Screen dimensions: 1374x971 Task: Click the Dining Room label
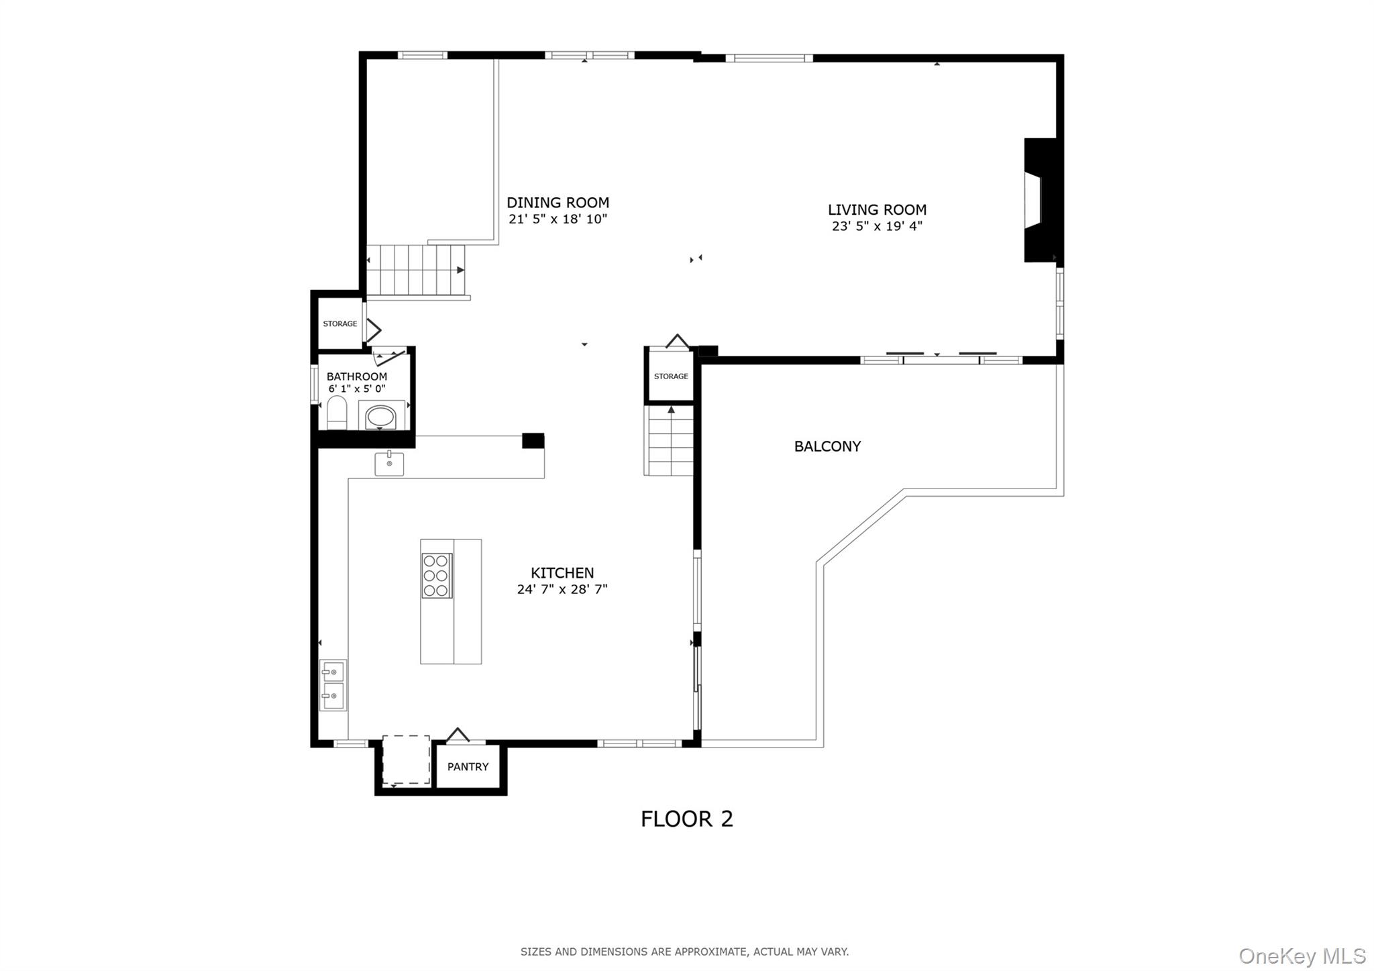point(558,203)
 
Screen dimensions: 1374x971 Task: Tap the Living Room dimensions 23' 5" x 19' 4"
point(877,226)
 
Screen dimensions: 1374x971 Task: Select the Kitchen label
point(562,573)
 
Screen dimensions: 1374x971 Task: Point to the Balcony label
point(827,446)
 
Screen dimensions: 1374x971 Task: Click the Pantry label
point(468,766)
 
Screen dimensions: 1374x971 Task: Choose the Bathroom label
point(357,376)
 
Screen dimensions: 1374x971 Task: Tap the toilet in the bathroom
point(337,413)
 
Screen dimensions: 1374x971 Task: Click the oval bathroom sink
point(380,417)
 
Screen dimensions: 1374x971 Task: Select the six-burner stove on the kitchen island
point(437,575)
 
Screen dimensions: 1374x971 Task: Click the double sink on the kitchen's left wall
point(333,684)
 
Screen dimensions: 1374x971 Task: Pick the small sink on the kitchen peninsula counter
point(389,464)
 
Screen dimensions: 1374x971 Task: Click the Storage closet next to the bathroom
point(340,324)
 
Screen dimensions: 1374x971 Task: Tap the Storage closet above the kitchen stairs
point(671,376)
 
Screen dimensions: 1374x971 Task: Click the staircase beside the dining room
point(416,270)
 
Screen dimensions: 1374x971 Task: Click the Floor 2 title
point(687,819)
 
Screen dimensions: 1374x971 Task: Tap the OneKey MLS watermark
point(1302,956)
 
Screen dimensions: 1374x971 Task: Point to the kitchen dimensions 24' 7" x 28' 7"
point(562,590)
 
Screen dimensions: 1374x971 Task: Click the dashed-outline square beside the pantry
point(406,760)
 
